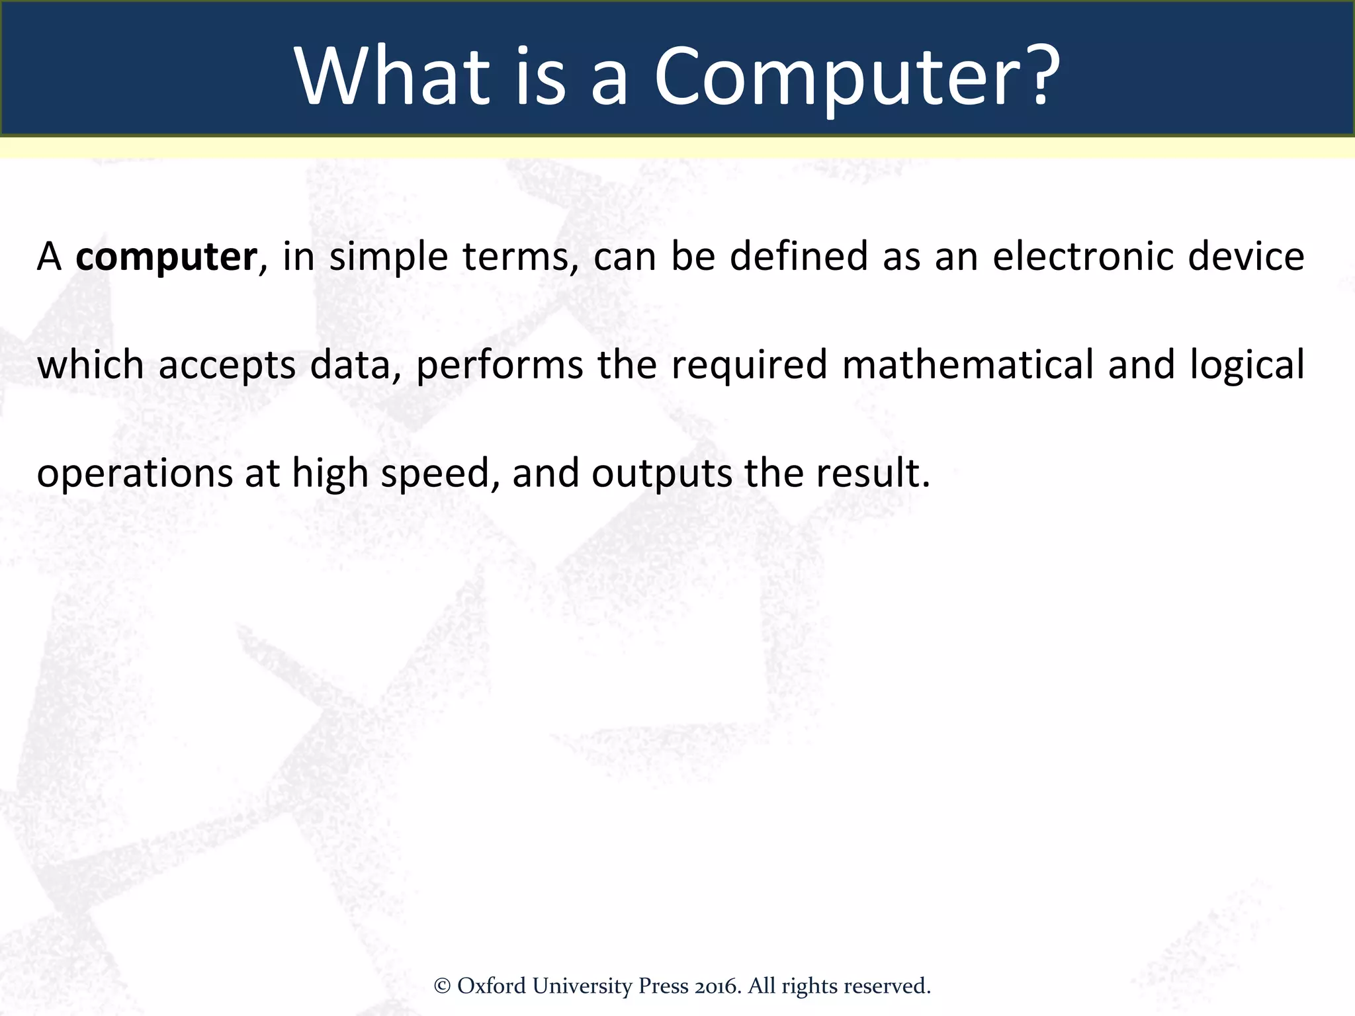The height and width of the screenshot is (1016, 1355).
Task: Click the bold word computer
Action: point(166,257)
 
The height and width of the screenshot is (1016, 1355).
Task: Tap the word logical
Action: point(1247,366)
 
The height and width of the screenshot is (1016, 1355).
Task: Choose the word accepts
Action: point(227,366)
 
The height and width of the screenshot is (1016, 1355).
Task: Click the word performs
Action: point(500,366)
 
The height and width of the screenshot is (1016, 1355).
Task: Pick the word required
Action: point(750,366)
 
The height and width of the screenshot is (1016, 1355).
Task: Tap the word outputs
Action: point(662,474)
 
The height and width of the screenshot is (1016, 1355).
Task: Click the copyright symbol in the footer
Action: point(442,986)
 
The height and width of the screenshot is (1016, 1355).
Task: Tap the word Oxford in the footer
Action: point(492,986)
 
